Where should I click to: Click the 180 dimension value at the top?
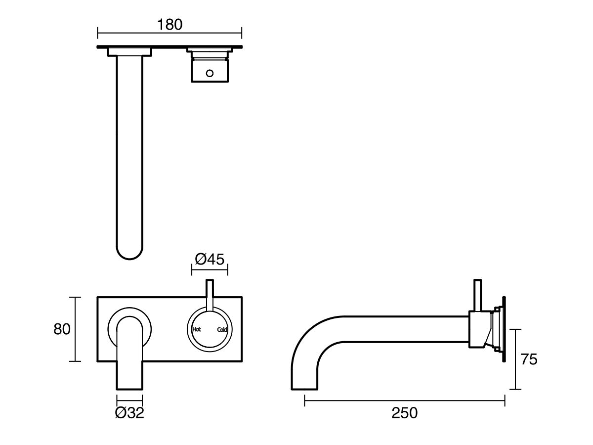(x=169, y=24)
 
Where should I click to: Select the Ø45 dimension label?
(x=210, y=259)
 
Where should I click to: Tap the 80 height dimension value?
(x=62, y=329)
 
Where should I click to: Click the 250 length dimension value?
(x=404, y=413)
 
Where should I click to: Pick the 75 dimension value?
(x=529, y=359)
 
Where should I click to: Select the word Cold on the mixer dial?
(x=221, y=329)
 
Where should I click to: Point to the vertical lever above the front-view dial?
(x=210, y=294)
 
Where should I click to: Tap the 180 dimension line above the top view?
(x=169, y=34)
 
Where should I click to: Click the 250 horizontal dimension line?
(x=404, y=401)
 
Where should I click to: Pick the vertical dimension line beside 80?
(x=75, y=329)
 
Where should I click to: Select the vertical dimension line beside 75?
(x=516, y=359)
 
